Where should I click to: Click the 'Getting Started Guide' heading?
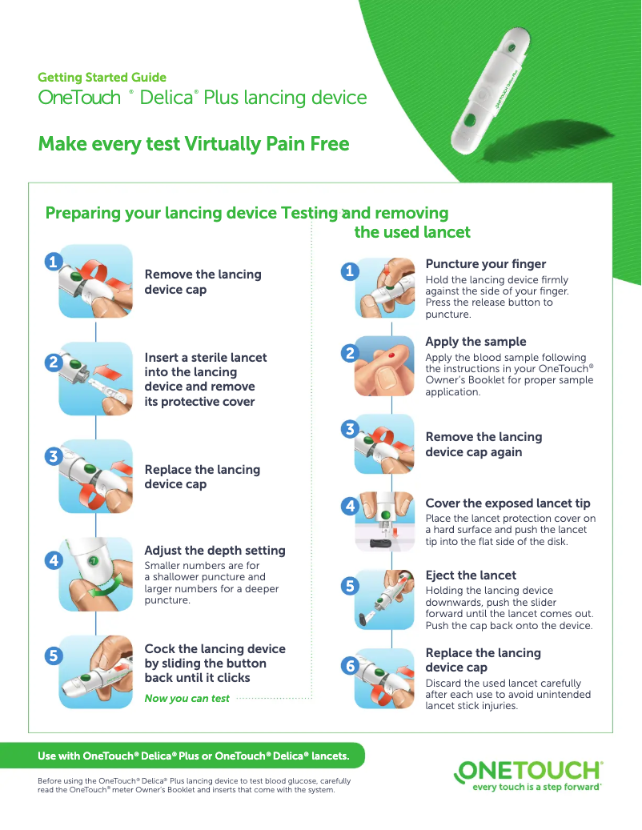click(x=102, y=78)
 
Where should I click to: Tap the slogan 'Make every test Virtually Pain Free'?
click(x=194, y=144)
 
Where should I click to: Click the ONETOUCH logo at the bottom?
click(x=528, y=771)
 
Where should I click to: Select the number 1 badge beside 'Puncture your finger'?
click(x=349, y=271)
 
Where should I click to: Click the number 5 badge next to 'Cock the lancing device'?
click(x=54, y=656)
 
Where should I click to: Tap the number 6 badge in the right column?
click(x=350, y=665)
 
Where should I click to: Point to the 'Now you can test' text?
click(x=187, y=698)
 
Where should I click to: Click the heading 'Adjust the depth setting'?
click(x=215, y=551)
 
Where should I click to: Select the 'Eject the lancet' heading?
click(x=471, y=575)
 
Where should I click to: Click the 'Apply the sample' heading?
click(x=475, y=342)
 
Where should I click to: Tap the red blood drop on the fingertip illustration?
click(x=391, y=355)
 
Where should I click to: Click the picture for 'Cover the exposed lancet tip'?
click(x=385, y=522)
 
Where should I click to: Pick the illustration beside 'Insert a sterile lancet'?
click(x=96, y=379)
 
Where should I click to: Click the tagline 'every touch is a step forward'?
click(x=536, y=787)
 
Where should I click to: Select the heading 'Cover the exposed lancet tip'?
click(x=508, y=503)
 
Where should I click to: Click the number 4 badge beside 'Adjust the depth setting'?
click(x=54, y=560)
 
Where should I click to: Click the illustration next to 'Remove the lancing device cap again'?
click(x=385, y=444)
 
